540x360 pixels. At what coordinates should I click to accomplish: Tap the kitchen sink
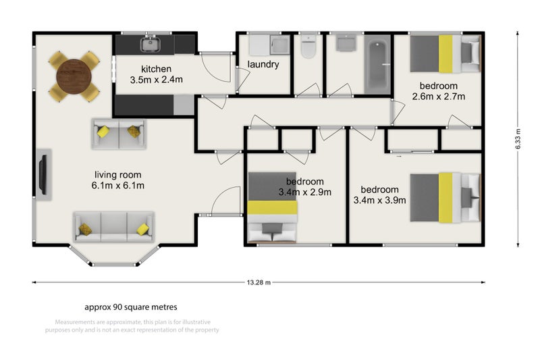click(148, 45)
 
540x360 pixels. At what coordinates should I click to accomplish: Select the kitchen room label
click(156, 69)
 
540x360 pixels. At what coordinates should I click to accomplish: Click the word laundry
click(263, 65)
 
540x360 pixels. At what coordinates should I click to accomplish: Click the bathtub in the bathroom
click(377, 66)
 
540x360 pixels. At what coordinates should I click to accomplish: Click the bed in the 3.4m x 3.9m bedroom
click(446, 197)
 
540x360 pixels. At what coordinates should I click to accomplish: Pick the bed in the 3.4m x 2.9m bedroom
click(271, 209)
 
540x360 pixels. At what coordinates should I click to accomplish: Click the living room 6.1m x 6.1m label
click(119, 179)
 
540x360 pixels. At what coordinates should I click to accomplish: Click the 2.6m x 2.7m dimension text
click(439, 97)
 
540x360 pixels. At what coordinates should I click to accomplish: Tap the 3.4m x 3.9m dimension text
click(380, 200)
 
